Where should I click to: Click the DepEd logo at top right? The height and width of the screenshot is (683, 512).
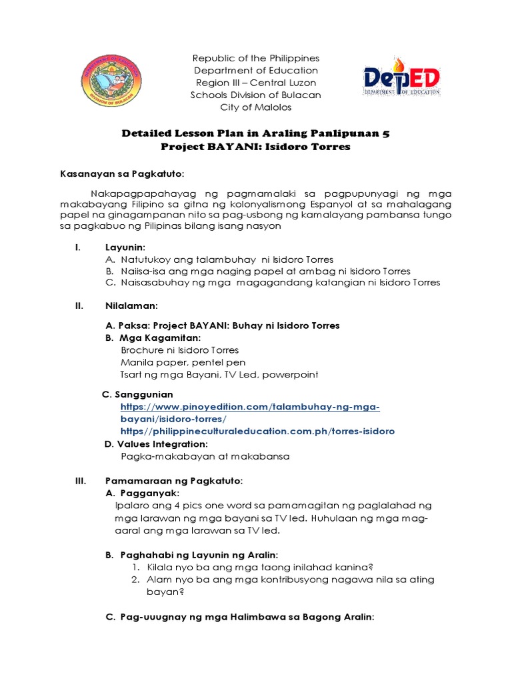tap(401, 81)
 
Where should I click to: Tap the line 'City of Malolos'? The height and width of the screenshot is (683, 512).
tap(256, 107)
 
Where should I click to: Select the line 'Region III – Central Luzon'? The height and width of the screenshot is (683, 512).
tap(256, 83)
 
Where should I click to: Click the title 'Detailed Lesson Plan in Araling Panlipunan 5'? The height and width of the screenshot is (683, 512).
tap(256, 133)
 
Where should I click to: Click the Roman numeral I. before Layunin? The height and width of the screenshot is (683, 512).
tap(77, 247)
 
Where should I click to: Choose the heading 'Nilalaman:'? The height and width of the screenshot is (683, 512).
tap(131, 305)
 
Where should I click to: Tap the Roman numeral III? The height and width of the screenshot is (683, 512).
tap(80, 480)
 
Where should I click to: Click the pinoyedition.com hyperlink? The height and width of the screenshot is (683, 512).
tap(249, 412)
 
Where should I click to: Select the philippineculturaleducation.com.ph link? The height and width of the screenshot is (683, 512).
tap(257, 431)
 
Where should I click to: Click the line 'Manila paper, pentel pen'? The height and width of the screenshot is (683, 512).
tap(183, 362)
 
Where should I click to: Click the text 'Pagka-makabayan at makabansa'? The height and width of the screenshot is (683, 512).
tap(196, 457)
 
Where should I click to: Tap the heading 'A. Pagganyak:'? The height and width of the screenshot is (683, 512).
tap(142, 493)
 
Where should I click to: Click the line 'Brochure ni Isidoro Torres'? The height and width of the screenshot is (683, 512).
tap(179, 350)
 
